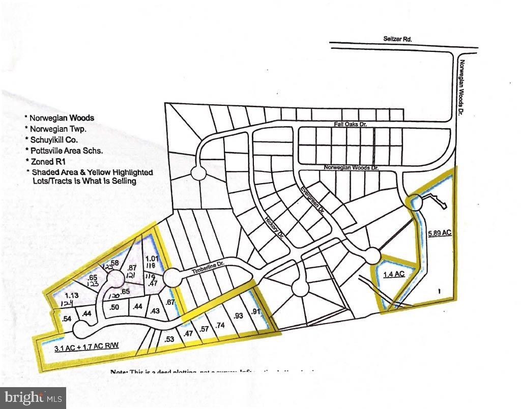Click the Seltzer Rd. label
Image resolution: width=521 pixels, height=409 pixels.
(x=397, y=39)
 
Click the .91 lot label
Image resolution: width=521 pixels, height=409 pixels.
(x=255, y=312)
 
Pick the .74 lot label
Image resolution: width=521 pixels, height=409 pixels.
(x=220, y=325)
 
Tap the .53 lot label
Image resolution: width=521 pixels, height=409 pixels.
(x=170, y=339)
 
